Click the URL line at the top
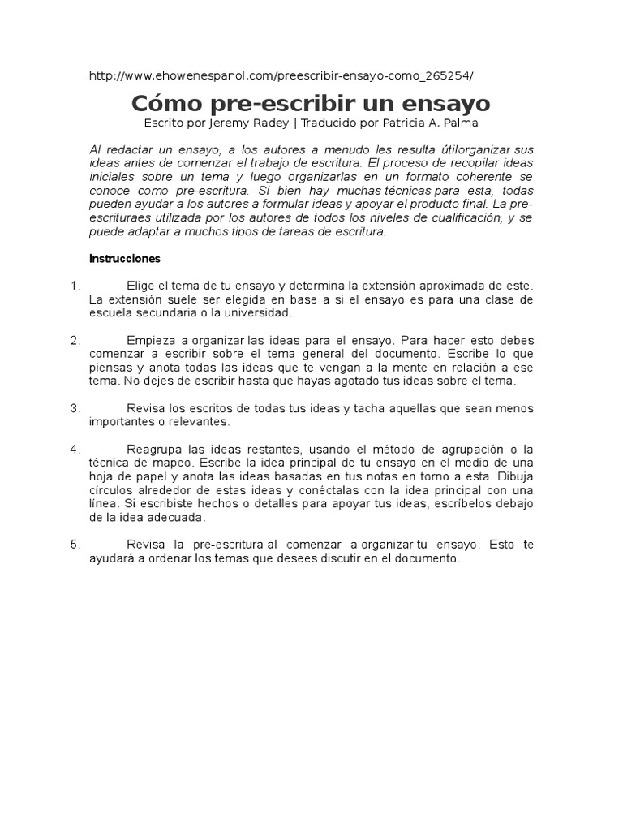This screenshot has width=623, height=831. tap(280, 75)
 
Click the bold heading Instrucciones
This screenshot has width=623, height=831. tap(124, 259)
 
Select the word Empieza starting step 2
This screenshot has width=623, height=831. tap(152, 340)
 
